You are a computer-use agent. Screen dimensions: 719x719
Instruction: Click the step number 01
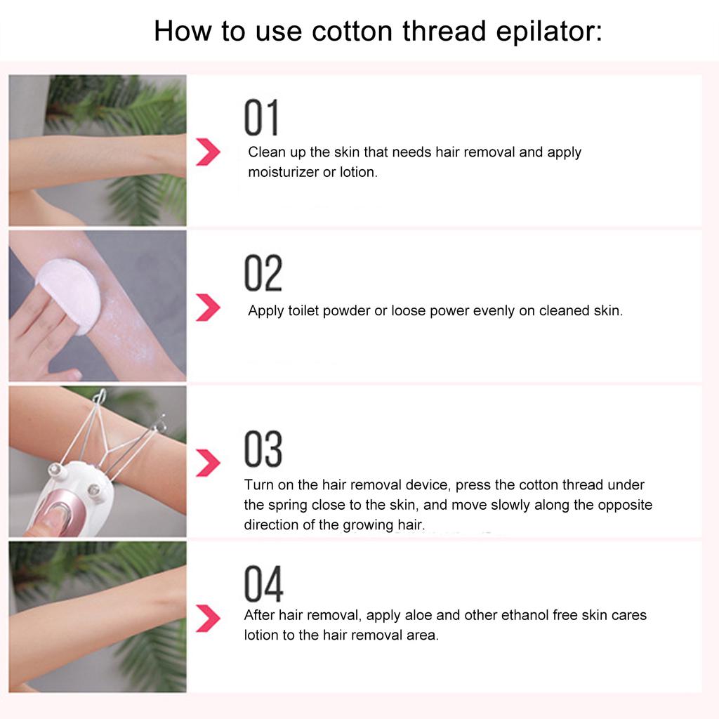pyautogui.click(x=261, y=117)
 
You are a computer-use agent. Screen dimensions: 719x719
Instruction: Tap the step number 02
pyautogui.click(x=263, y=273)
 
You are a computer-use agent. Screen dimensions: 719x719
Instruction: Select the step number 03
pyautogui.click(x=263, y=449)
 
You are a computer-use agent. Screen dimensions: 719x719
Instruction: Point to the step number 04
pyautogui.click(x=263, y=584)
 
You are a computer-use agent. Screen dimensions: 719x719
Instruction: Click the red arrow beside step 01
pyautogui.click(x=208, y=152)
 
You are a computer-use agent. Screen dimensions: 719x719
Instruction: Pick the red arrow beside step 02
pyautogui.click(x=208, y=308)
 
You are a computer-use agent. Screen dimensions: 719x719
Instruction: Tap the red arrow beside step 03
pyautogui.click(x=208, y=463)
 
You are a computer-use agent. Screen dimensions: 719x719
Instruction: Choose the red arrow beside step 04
pyautogui.click(x=208, y=618)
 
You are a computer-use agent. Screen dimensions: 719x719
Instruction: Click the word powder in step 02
pyautogui.click(x=345, y=310)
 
